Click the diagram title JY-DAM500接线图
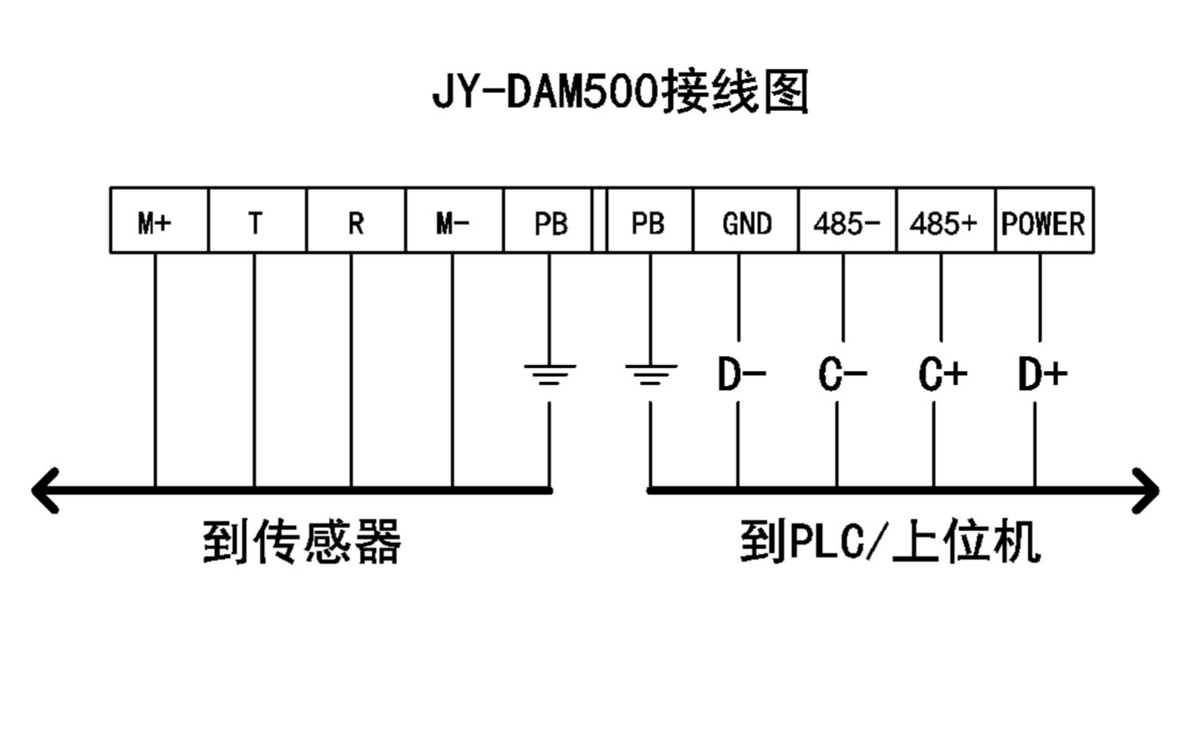pyautogui.click(x=621, y=92)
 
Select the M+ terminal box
pyautogui.click(x=159, y=220)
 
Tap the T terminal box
pyautogui.click(x=258, y=220)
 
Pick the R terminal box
pyautogui.click(x=356, y=220)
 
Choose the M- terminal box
pyautogui.click(x=454, y=220)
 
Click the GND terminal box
pyautogui.click(x=746, y=220)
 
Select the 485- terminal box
pyautogui.click(x=847, y=220)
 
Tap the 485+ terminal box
pyautogui.click(x=946, y=220)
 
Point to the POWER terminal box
pyautogui.click(x=1045, y=220)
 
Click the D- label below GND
pyautogui.click(x=741, y=374)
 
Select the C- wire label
pyautogui.click(x=843, y=374)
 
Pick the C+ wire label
pyautogui.click(x=942, y=374)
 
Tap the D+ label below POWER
pyautogui.click(x=1042, y=374)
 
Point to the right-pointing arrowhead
pyautogui.click(x=1145, y=491)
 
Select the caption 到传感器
pyautogui.click(x=302, y=541)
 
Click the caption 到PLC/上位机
pyautogui.click(x=890, y=541)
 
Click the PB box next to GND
pyautogui.click(x=650, y=220)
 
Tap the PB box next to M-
pyautogui.click(x=548, y=220)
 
